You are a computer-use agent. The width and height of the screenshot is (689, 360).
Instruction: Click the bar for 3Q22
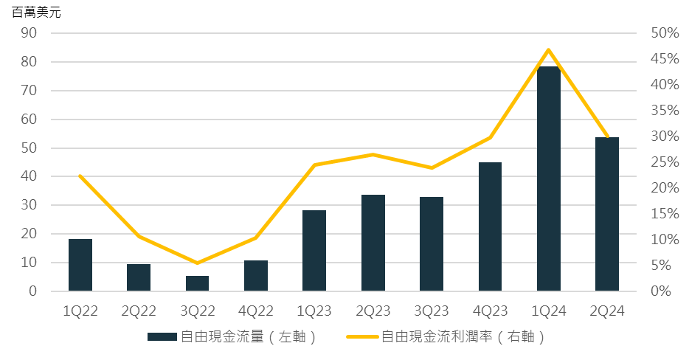click(x=197, y=283)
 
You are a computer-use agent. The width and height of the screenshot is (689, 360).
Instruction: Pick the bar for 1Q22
click(x=80, y=265)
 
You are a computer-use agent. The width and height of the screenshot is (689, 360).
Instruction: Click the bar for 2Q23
click(x=373, y=243)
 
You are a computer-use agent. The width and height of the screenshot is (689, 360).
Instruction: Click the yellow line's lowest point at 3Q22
click(x=197, y=263)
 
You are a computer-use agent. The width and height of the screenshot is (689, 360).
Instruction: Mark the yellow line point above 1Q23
click(x=314, y=165)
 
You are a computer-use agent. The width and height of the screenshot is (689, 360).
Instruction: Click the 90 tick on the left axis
click(x=30, y=33)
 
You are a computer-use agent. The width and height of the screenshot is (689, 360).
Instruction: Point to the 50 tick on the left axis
click(x=30, y=148)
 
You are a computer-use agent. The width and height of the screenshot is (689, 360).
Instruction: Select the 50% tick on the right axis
click(x=665, y=33)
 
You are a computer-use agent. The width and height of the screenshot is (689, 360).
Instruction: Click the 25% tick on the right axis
click(x=665, y=162)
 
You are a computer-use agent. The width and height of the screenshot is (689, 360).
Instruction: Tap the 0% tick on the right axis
click(x=662, y=291)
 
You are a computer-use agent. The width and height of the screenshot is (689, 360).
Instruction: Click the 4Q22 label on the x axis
click(x=256, y=311)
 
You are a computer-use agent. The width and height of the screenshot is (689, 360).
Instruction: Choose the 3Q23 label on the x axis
click(x=432, y=311)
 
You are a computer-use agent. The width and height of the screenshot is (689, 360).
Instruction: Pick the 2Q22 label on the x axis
click(x=139, y=311)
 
